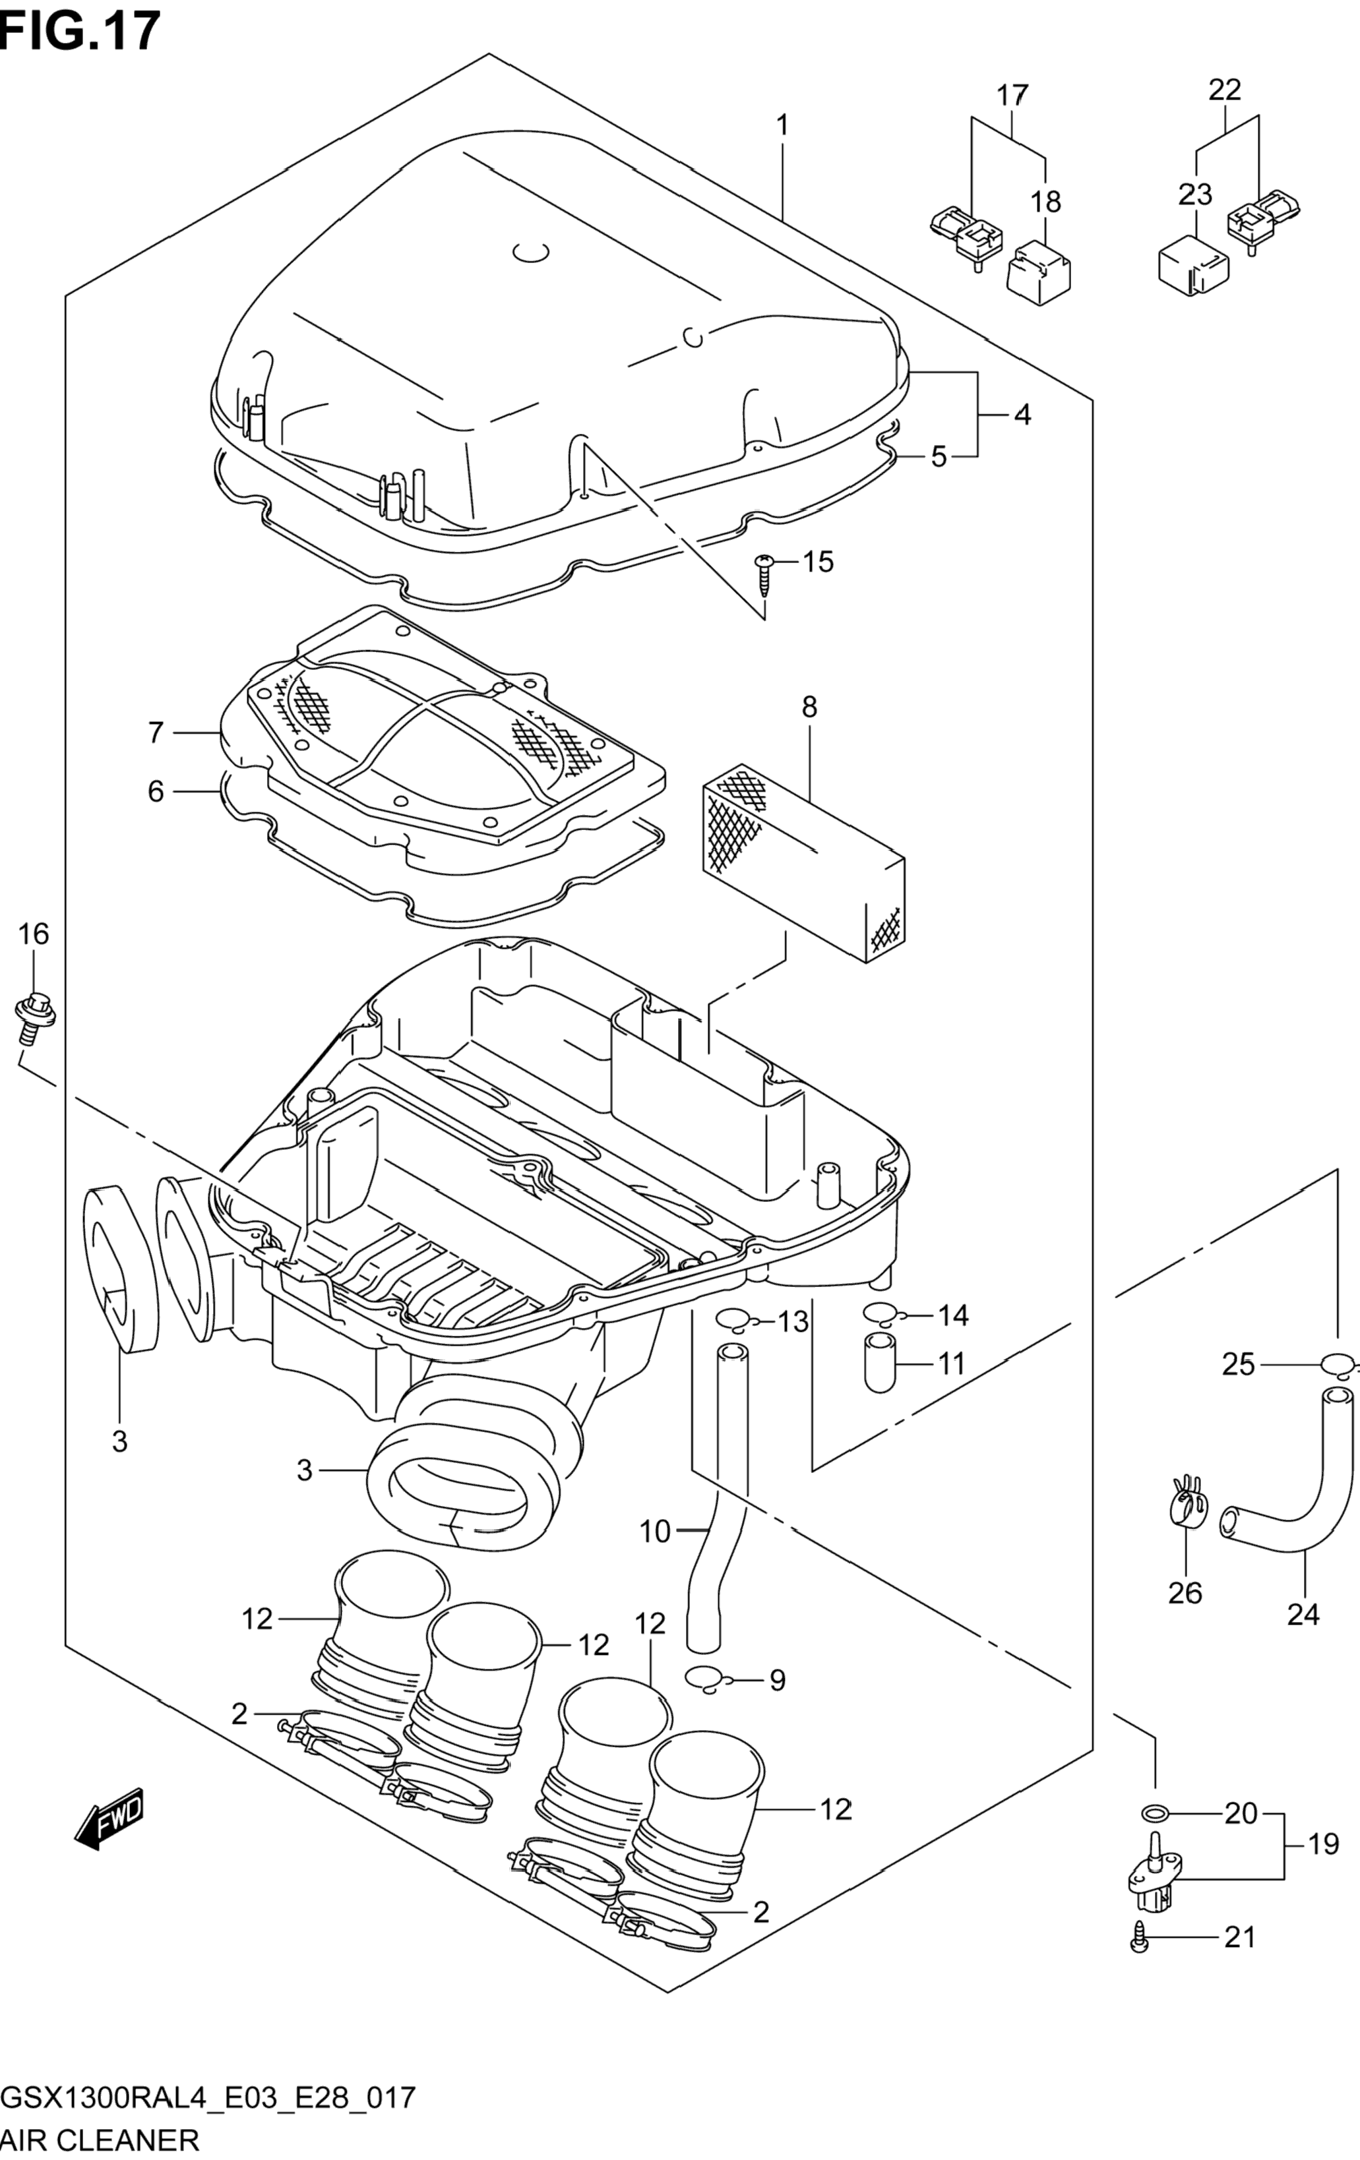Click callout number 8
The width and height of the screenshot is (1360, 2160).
coord(809,707)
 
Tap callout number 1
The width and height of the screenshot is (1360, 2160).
coord(782,125)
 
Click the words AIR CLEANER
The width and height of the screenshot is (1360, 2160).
coord(100,2140)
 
